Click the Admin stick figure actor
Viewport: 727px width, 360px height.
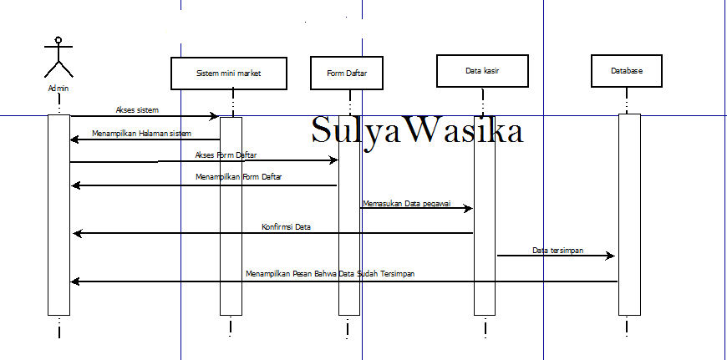58,57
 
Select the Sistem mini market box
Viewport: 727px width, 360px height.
229,74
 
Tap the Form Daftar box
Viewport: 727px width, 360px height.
346,73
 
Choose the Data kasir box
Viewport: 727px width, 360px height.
482,71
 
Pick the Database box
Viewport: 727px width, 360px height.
627,71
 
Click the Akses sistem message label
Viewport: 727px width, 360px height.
137,110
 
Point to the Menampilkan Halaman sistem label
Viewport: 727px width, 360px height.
141,134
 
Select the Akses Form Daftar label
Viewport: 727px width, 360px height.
226,155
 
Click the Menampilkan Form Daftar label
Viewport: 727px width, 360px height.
238,176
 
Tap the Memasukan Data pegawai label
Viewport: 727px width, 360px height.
407,204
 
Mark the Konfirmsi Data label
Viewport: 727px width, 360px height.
286,227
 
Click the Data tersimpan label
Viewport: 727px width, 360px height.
557,251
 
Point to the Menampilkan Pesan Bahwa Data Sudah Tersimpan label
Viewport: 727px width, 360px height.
330,273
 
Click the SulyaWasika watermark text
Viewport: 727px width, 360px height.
417,129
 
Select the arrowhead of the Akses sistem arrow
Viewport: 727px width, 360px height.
214,116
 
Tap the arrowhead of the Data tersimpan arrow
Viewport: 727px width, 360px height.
611,256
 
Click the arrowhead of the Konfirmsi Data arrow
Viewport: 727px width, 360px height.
78,233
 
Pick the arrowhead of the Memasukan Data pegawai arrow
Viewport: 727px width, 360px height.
468,208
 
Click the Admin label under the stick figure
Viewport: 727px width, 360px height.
58,88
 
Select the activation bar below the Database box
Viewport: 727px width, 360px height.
629,215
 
